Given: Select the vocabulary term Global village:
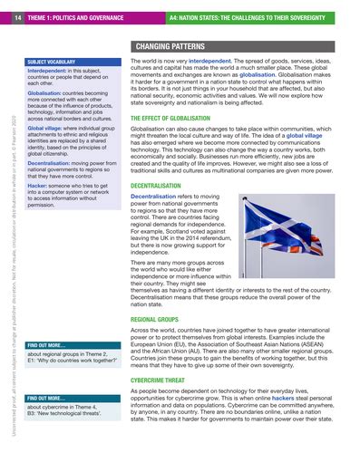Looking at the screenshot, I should pos(49,128).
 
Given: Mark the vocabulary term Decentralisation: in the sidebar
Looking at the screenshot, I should pos(52,156).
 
